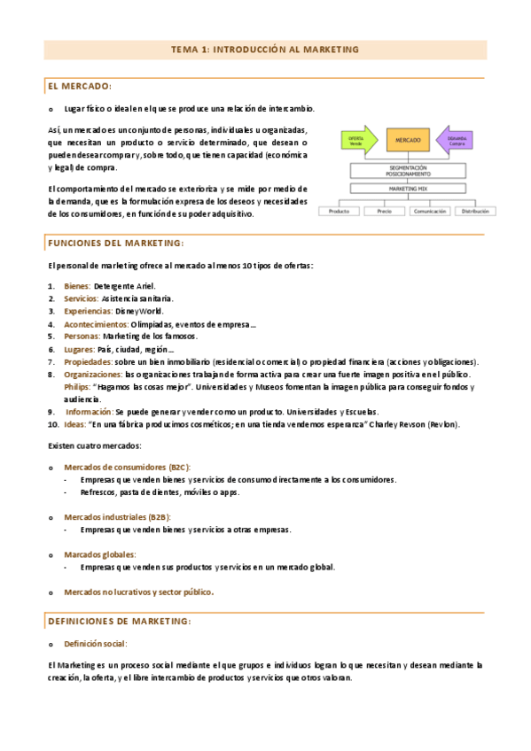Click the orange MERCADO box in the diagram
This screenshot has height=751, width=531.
click(409, 141)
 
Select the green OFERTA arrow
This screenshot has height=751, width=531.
click(359, 141)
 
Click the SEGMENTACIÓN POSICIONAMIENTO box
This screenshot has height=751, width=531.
click(409, 171)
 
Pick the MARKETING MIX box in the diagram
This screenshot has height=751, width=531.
click(409, 189)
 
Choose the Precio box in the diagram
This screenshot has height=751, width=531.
click(384, 212)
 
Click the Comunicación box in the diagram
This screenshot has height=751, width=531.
click(430, 212)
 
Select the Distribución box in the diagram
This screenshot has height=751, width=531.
click(477, 212)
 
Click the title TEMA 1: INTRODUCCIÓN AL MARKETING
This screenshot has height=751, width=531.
click(265, 50)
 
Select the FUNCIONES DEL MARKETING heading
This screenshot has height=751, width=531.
click(116, 243)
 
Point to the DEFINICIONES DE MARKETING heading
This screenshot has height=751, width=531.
click(120, 621)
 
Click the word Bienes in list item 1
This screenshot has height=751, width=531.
click(76, 286)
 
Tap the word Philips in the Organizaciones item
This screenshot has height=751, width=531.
click(76, 387)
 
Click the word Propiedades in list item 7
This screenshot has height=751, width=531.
click(87, 361)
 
